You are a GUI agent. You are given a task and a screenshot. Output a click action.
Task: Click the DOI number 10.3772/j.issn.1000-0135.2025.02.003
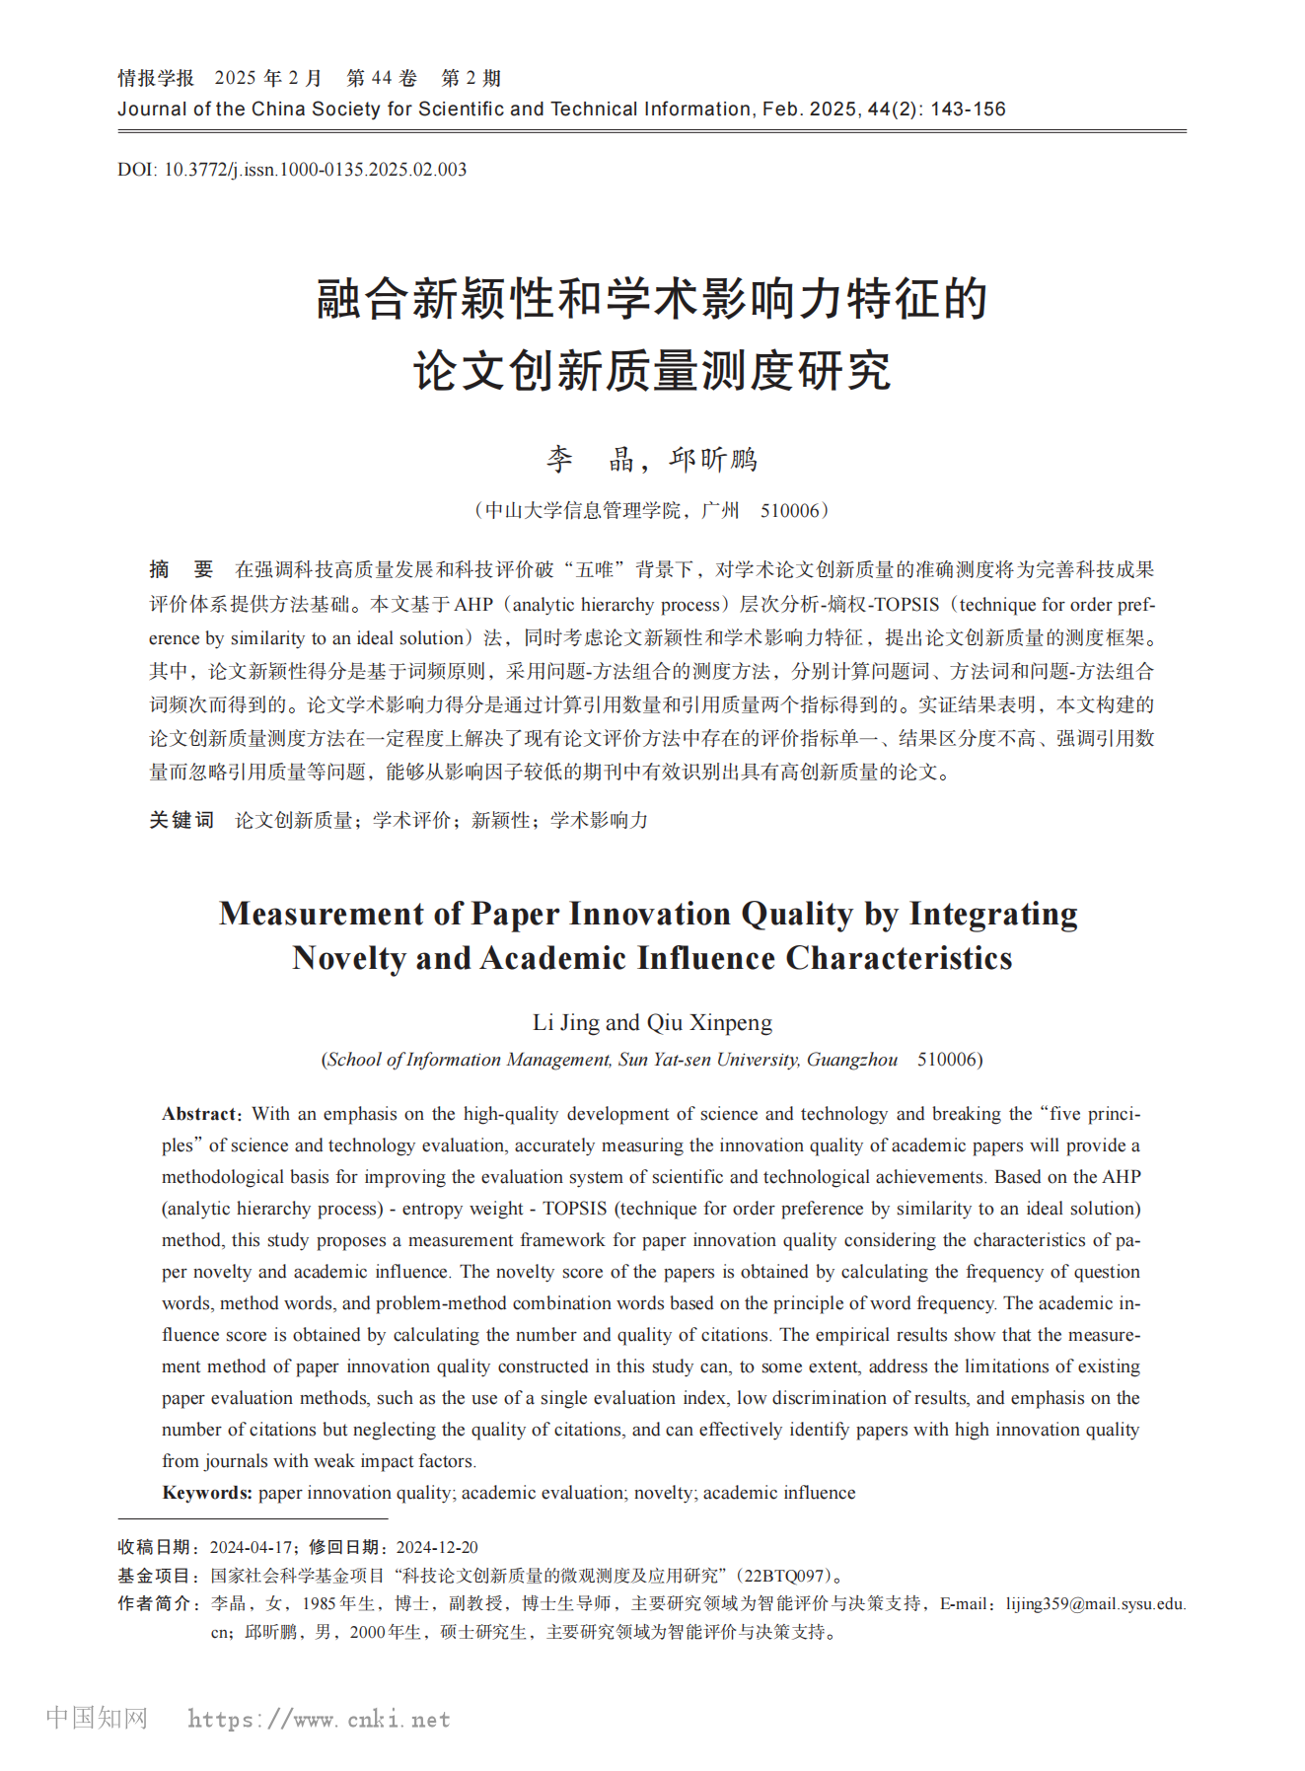point(315,170)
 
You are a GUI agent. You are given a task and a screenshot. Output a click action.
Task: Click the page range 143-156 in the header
point(968,110)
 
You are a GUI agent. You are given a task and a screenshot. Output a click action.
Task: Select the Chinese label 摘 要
point(181,570)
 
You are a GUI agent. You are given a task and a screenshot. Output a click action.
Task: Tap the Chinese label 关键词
point(181,820)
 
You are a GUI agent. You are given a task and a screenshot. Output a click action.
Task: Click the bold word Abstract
point(200,1114)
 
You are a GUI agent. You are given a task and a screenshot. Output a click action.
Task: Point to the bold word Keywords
point(207,1493)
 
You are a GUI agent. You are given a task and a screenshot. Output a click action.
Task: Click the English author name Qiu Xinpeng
point(709,1022)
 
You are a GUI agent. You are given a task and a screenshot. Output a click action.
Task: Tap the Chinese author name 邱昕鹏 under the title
point(713,460)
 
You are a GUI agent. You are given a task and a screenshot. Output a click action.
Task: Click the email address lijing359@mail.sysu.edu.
point(1095,1604)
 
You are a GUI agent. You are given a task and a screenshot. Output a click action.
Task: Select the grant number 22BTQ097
point(785,1576)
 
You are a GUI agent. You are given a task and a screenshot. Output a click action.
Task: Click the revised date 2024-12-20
point(437,1547)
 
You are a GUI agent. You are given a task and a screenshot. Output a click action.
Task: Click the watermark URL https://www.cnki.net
point(319,1720)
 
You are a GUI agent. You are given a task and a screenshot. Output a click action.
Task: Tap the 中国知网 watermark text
point(97,1718)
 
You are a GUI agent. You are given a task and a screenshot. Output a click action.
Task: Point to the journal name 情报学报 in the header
point(156,79)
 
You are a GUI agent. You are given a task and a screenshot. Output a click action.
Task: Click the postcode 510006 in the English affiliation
point(948,1060)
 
